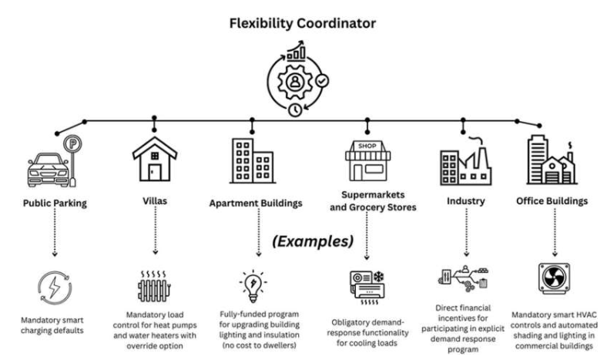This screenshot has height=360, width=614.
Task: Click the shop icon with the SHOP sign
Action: [x=366, y=160]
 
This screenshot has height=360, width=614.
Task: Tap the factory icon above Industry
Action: [x=465, y=163]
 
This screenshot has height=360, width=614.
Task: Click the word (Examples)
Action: [x=311, y=241]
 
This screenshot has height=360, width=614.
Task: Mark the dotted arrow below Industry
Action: [x=465, y=234]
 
